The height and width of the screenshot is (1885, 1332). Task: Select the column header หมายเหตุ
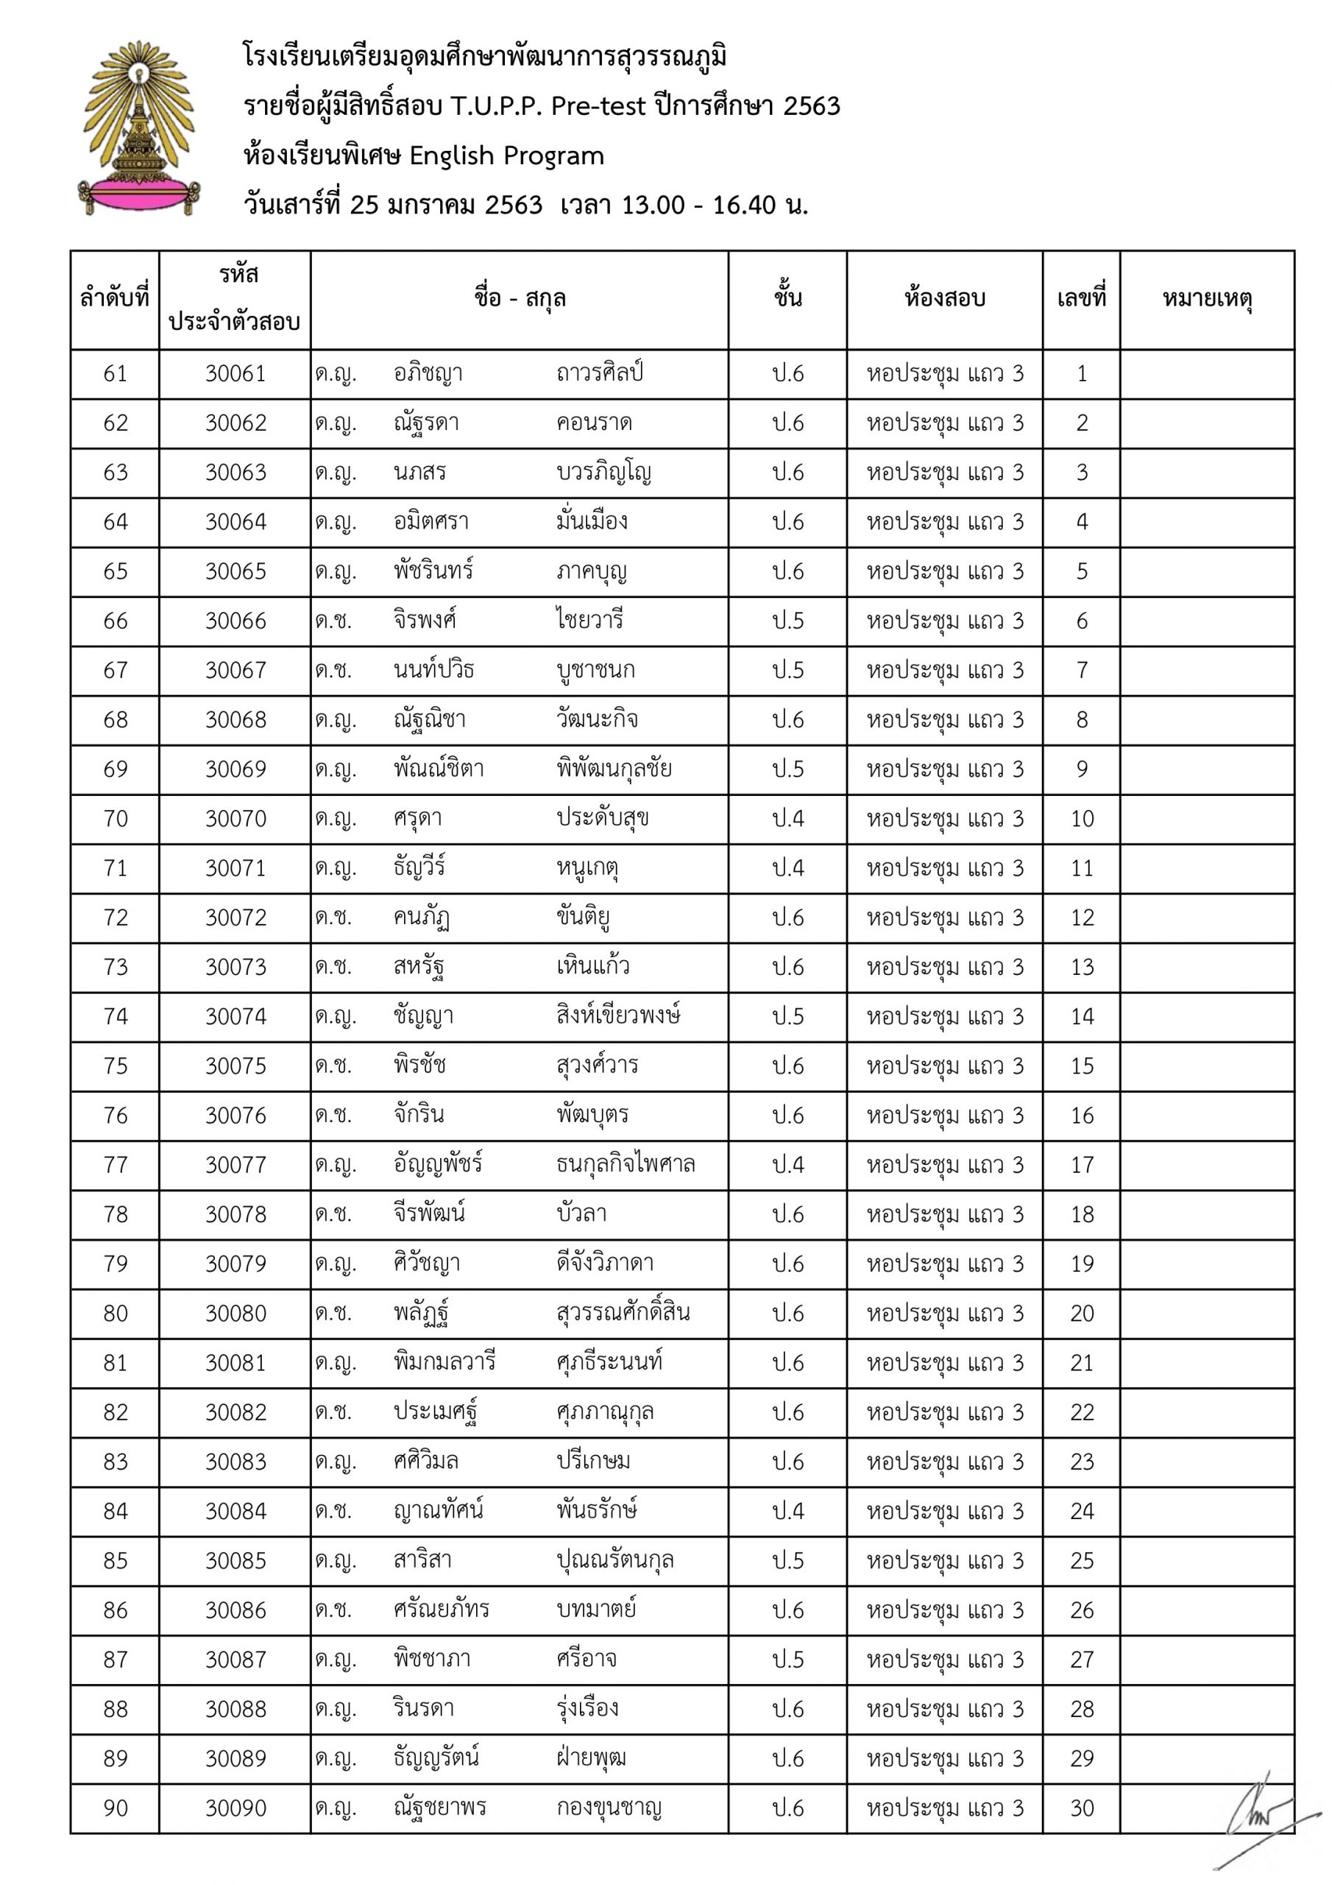[1206, 299]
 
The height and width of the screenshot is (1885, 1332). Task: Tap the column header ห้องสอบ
[944, 299]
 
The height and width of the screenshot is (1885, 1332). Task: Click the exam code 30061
[235, 374]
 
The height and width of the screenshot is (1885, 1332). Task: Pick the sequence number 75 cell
[115, 1066]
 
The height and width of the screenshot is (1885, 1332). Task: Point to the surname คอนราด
[593, 423]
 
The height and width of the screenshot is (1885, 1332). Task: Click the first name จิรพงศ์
[425, 621]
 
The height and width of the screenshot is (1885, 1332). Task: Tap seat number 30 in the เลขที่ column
[1082, 1808]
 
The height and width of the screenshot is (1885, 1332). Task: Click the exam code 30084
[235, 1512]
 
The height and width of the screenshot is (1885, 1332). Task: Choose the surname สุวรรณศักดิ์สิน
[622, 1314]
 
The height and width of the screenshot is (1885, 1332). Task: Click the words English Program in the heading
[506, 156]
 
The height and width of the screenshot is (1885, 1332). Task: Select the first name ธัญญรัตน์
[436, 1758]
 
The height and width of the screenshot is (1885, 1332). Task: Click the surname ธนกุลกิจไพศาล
[626, 1165]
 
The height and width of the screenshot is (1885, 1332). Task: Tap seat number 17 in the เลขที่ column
[1082, 1165]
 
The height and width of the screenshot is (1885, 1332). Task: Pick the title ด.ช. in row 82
[333, 1412]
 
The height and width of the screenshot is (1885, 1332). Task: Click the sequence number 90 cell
[115, 1808]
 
